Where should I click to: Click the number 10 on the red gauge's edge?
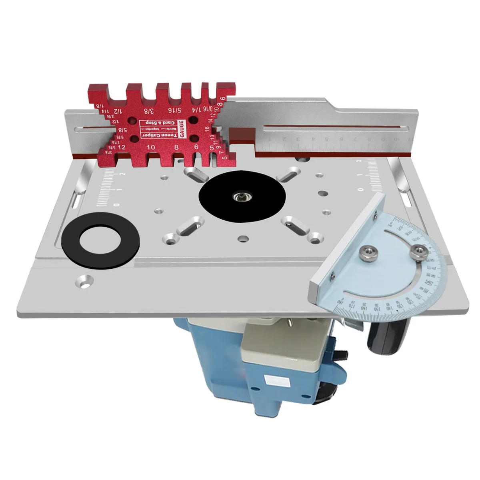tap(151, 147)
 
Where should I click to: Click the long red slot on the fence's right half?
tap(334, 128)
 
